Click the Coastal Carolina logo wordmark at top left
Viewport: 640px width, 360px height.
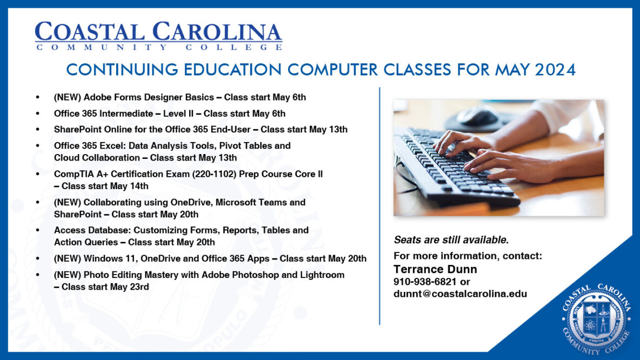point(158,36)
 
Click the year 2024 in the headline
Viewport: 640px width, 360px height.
point(554,70)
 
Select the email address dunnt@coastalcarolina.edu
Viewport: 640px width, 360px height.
point(460,294)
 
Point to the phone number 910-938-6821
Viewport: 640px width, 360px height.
point(425,282)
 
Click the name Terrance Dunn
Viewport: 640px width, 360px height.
point(435,269)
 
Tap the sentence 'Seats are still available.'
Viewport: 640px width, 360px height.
point(451,240)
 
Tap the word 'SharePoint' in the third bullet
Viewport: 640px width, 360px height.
point(77,130)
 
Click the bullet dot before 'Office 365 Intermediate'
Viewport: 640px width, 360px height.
point(37,114)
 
